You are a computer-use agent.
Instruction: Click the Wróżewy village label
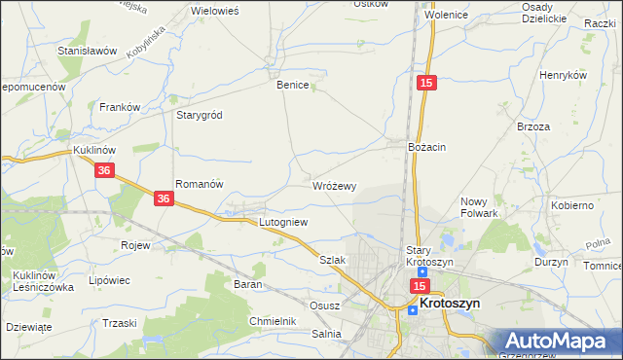pos(334,185)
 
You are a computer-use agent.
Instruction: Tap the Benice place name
pos(293,85)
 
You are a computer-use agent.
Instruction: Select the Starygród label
pos(200,114)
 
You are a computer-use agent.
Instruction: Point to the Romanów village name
pos(200,183)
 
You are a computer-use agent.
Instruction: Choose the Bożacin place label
pos(426,146)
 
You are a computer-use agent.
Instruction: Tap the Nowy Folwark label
pos(479,207)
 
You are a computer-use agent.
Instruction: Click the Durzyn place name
pos(551,263)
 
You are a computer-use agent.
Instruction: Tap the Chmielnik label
pos(272,320)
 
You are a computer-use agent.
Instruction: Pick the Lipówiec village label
pos(109,280)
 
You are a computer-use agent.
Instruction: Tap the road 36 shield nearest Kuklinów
pos(106,170)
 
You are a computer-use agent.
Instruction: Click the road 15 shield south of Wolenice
pos(426,85)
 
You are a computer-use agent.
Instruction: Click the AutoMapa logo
pos(562,341)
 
